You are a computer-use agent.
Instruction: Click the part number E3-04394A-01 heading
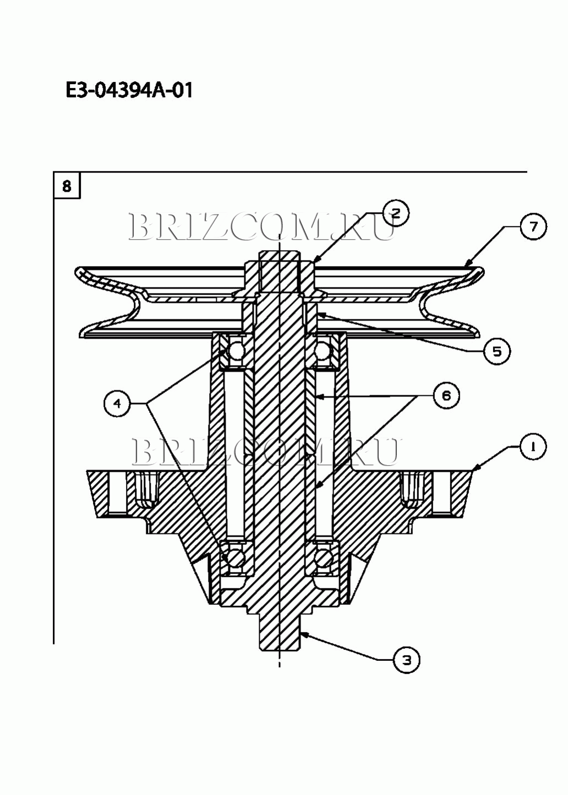(x=129, y=90)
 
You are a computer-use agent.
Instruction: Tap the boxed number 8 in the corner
(x=67, y=186)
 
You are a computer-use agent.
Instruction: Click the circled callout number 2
(x=396, y=213)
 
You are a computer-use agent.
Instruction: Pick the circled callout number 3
(x=406, y=660)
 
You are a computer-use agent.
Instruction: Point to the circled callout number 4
(x=117, y=404)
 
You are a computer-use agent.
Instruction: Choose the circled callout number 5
(x=496, y=351)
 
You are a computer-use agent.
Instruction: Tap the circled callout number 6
(x=446, y=395)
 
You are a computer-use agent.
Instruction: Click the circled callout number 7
(x=533, y=227)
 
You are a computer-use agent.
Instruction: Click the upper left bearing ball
(x=236, y=351)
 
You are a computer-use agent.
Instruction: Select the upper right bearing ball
(x=322, y=351)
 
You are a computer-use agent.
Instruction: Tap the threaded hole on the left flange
(x=145, y=493)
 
